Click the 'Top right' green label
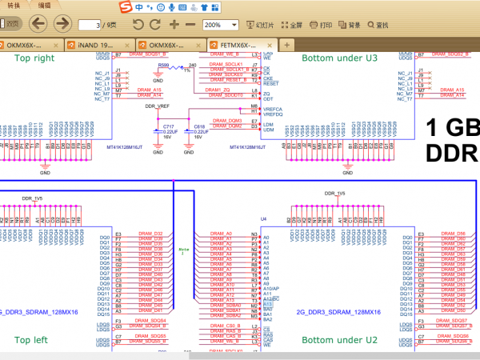coord(34,58)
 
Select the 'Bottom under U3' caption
coord(339,58)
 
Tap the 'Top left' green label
coord(31,340)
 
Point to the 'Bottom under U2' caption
coord(339,340)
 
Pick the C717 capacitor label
coord(168,126)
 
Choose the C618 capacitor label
coord(198,126)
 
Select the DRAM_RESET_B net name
coord(227,80)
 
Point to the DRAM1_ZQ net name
coord(218,89)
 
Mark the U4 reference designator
coord(263,218)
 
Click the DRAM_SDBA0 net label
coord(227,305)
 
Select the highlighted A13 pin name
coord(268,305)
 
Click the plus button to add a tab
coord(286,45)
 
